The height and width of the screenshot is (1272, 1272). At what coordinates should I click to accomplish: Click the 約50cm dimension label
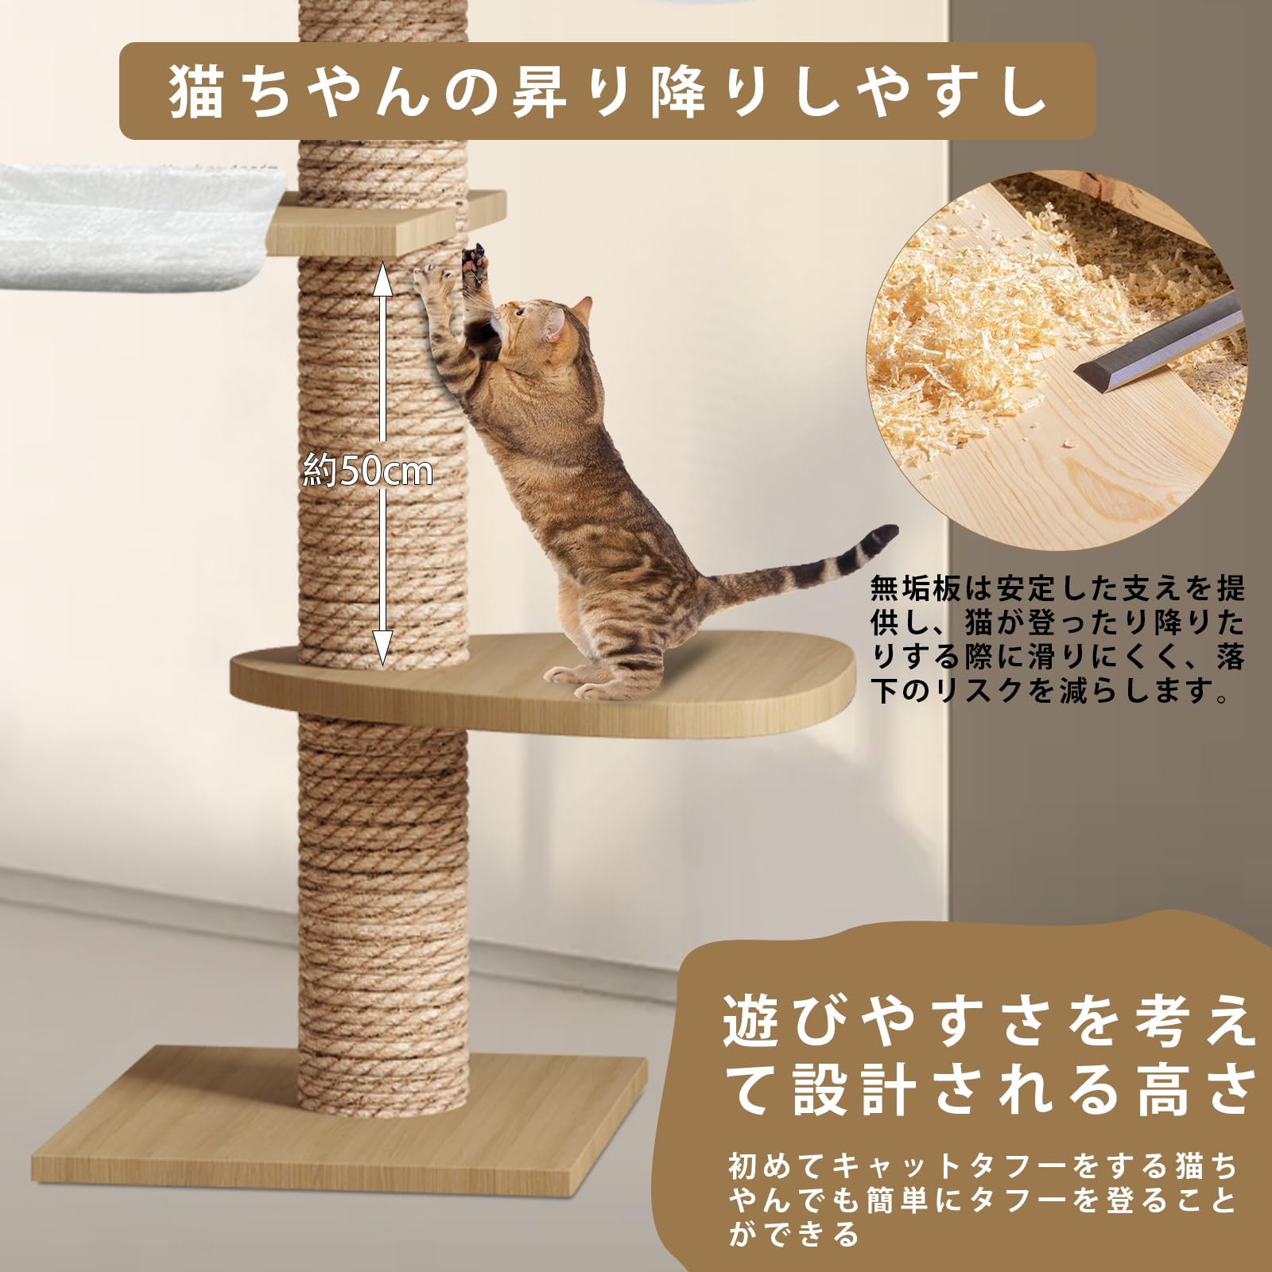(x=368, y=471)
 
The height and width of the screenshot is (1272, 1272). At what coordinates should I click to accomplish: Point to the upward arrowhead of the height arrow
(x=382, y=275)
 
